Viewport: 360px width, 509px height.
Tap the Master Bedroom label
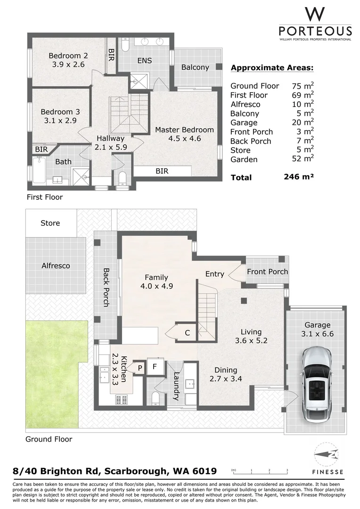[x=184, y=130]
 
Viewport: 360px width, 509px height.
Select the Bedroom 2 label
[x=68, y=56]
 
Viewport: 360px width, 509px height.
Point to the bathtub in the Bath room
[x=39, y=169]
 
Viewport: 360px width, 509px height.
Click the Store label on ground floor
[x=50, y=223]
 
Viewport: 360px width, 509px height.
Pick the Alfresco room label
[x=56, y=265]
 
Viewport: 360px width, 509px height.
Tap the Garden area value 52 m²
[x=303, y=159]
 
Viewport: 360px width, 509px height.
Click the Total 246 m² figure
[x=299, y=177]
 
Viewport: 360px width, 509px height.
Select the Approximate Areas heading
[x=272, y=68]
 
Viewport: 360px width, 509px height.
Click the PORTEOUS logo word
[x=315, y=31]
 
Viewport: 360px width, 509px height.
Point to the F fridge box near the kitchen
[x=155, y=367]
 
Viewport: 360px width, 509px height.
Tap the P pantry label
[x=140, y=368]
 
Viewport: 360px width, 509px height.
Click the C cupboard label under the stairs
[x=188, y=333]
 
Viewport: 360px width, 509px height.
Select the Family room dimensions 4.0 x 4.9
[x=156, y=287]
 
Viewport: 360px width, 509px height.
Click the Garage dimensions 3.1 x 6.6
[x=317, y=334]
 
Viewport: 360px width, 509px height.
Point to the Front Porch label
[x=268, y=272]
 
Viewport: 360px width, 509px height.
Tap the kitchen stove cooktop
[x=122, y=399]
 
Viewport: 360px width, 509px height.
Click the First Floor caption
[x=45, y=197]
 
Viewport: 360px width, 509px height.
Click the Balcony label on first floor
[x=195, y=67]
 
